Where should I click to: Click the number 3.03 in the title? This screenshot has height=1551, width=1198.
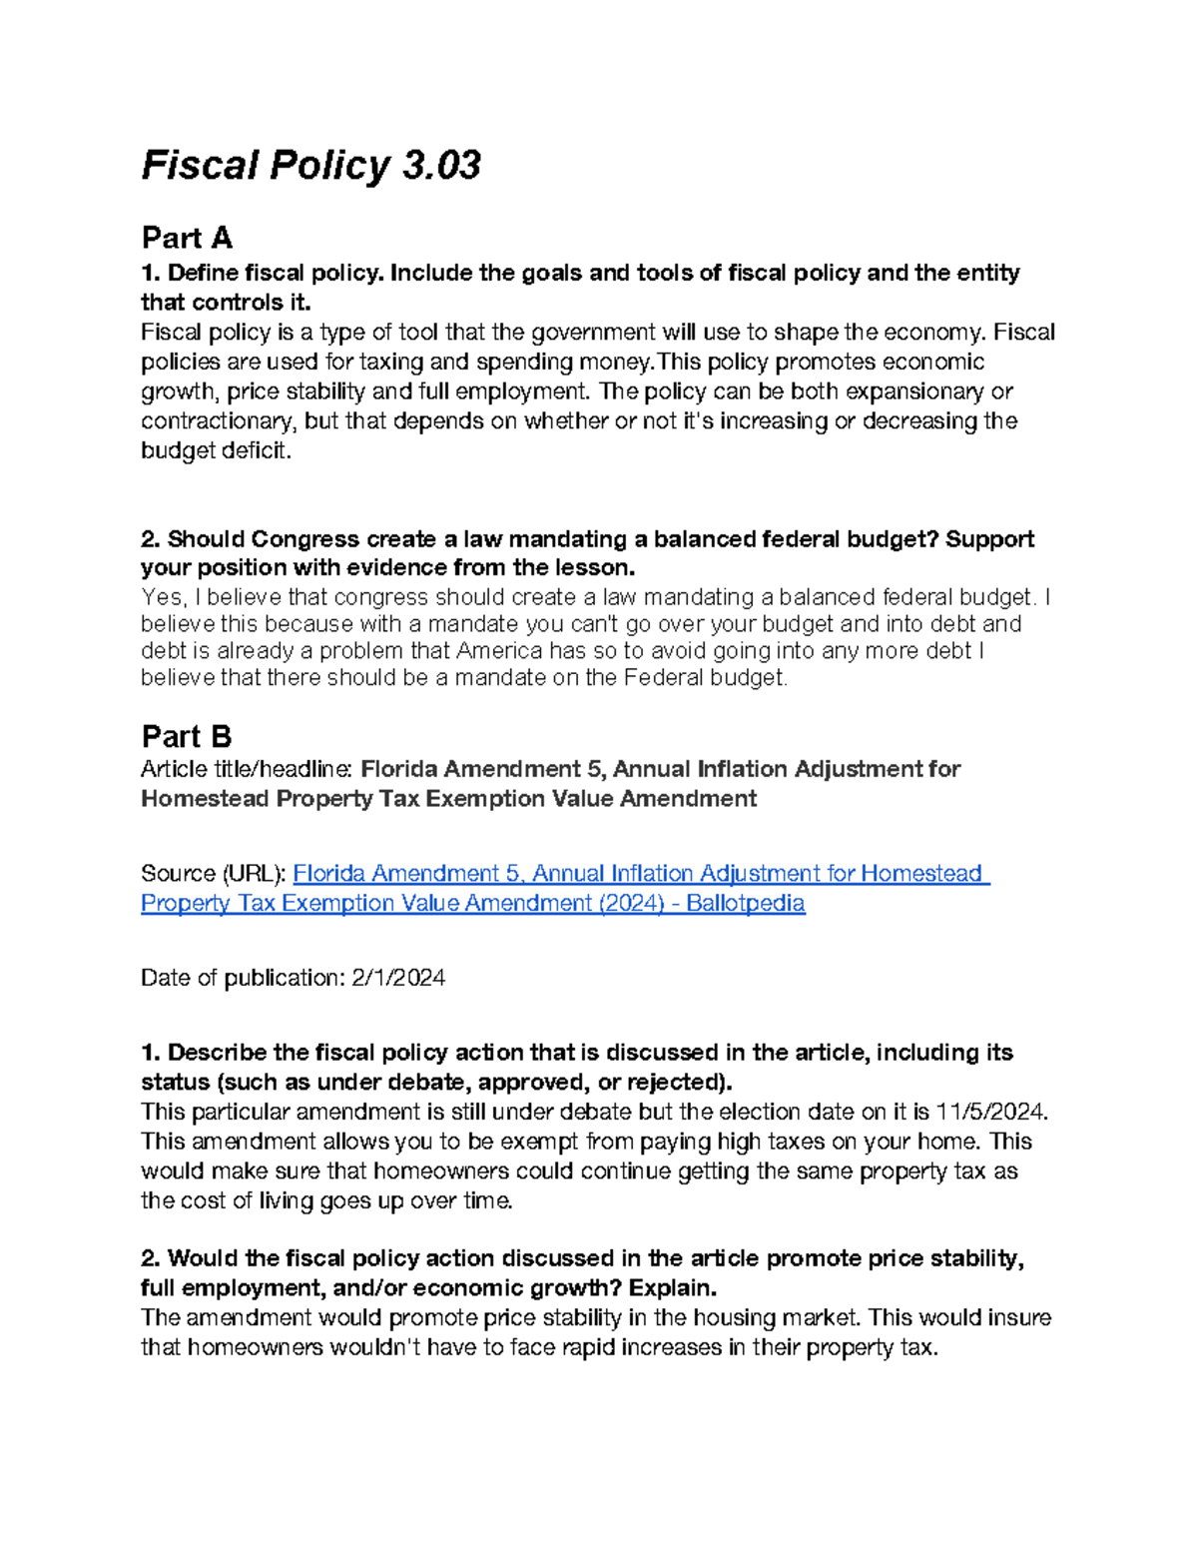point(441,165)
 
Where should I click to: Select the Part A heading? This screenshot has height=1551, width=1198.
point(187,238)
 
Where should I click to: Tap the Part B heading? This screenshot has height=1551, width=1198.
point(187,737)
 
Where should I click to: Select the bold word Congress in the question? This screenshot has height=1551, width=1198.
point(304,539)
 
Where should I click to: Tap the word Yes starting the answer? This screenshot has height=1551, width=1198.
point(161,597)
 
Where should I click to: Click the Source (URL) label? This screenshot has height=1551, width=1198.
point(213,874)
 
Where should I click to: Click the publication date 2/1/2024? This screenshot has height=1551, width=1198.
point(398,978)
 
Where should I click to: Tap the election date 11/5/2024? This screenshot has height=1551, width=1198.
point(991,1112)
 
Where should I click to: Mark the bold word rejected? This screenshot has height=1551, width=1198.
point(675,1083)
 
